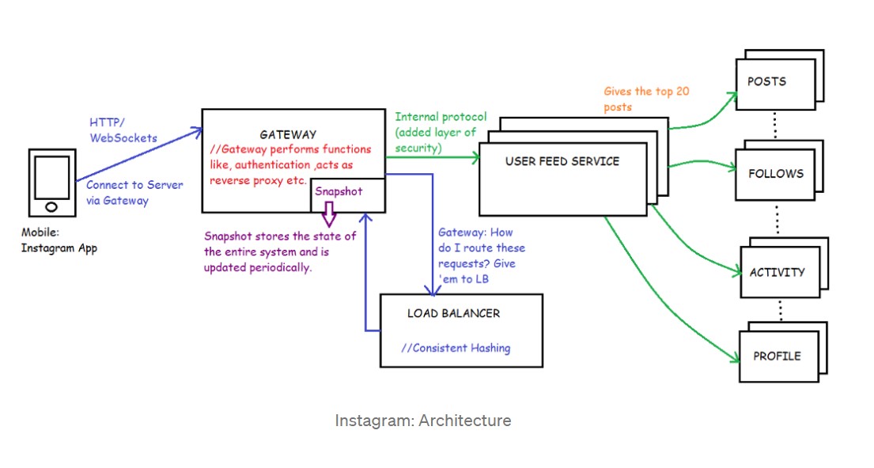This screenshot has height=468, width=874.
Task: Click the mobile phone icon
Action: [x=51, y=183]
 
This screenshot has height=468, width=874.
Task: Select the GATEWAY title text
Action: [x=289, y=134]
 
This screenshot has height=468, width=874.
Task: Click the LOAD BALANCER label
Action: [x=453, y=313]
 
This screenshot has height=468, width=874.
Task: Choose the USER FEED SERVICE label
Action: [x=562, y=161]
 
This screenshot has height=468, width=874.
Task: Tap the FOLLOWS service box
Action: [x=775, y=173]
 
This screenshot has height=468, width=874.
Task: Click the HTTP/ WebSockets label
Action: [x=123, y=130]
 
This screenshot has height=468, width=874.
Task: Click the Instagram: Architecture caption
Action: [x=422, y=421]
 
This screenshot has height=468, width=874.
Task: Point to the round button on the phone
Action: [x=51, y=206]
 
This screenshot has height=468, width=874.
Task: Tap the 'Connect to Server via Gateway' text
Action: [x=134, y=192]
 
